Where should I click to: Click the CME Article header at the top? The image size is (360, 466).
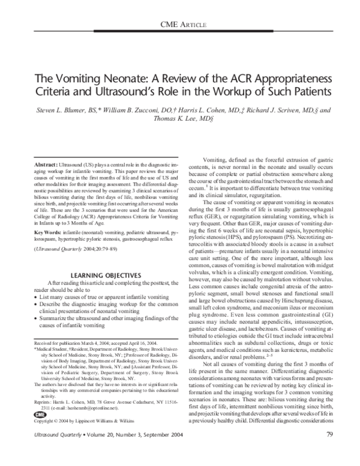(185, 24)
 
